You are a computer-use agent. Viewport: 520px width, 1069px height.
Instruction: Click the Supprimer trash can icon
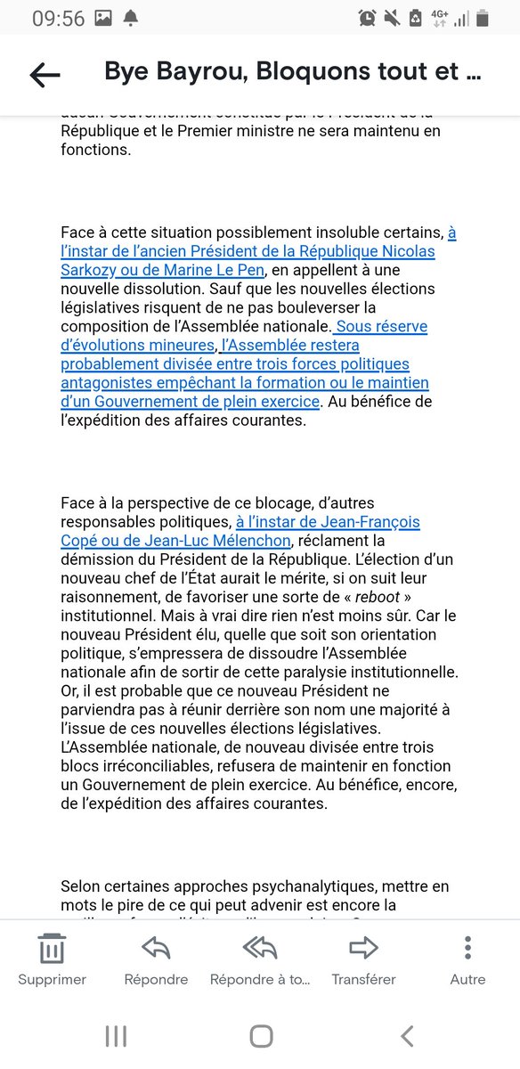(52, 948)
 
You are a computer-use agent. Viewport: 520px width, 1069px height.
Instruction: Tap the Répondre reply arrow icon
(156, 948)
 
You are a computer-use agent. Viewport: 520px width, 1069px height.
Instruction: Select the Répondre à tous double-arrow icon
(260, 948)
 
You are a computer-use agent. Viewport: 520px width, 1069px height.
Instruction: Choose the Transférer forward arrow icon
(363, 948)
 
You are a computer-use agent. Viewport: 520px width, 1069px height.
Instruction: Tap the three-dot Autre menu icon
(467, 948)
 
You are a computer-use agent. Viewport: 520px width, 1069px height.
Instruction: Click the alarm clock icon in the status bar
(368, 18)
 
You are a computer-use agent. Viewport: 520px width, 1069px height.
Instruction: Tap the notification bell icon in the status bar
(132, 18)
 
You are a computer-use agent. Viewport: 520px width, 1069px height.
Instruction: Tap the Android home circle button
(261, 1035)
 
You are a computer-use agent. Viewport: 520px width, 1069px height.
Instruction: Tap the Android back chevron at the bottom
(407, 1035)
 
